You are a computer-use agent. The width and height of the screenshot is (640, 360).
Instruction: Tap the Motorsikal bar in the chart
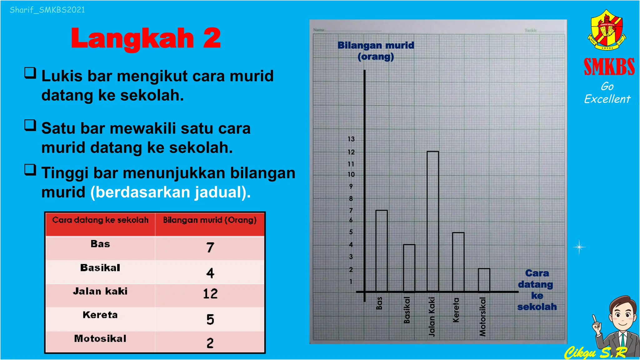tap(484, 280)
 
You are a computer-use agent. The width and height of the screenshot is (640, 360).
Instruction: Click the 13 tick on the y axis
tap(351, 139)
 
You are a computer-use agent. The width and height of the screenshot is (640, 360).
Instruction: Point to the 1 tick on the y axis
tap(351, 282)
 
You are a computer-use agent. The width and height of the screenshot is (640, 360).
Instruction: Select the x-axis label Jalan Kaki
tap(432, 317)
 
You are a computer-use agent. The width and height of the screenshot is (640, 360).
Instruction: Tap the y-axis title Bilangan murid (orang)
tap(376, 51)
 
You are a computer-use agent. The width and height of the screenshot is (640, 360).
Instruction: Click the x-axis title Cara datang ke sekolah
tap(537, 290)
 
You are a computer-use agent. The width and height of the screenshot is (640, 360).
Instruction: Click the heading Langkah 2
tap(146, 38)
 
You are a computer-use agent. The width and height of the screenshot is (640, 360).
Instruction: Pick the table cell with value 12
tap(210, 294)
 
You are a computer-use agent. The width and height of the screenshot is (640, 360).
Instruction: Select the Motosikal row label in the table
tap(100, 338)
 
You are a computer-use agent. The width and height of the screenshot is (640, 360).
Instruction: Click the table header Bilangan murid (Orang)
tap(210, 220)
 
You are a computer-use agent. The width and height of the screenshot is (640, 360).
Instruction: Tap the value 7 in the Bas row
tap(210, 247)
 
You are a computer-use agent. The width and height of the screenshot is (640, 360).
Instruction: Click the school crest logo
tap(606, 30)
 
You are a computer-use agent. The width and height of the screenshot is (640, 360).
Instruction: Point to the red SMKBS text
tap(609, 67)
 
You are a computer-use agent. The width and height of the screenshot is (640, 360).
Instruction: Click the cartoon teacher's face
tap(622, 316)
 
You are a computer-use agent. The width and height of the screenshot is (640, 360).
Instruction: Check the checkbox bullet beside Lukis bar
tap(30, 73)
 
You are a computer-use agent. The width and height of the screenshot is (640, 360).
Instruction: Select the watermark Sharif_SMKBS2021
tap(47, 10)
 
